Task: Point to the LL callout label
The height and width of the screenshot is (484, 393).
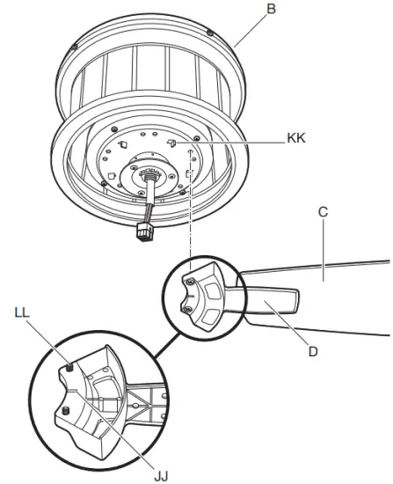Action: click(25, 312)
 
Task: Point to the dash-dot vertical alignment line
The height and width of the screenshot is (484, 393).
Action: click(190, 220)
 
